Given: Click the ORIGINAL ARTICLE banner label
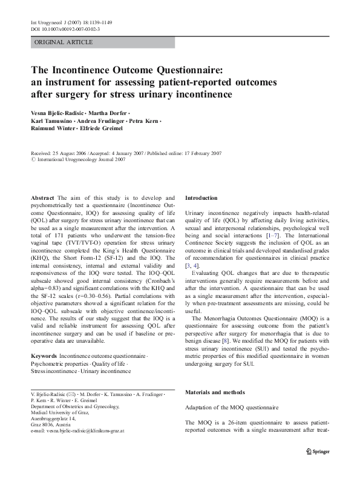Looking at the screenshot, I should (x=64, y=42).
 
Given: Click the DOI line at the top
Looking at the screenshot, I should (x=66, y=28).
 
